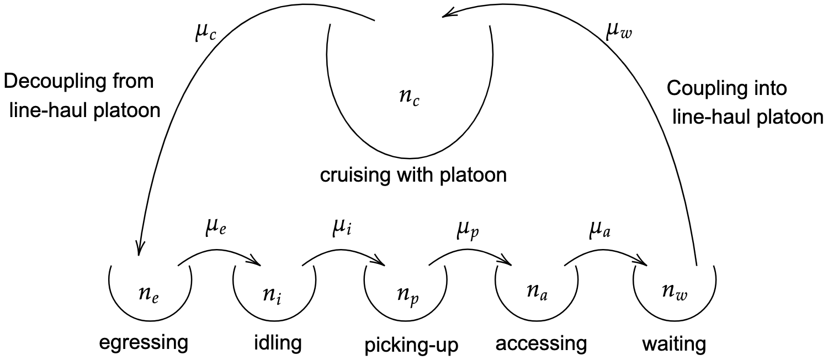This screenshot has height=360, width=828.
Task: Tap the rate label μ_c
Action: pos(206,34)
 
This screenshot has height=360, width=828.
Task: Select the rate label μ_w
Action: pos(619,33)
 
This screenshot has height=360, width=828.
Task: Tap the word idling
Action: pos(278,343)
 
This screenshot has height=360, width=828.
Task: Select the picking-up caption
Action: pos(411,345)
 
